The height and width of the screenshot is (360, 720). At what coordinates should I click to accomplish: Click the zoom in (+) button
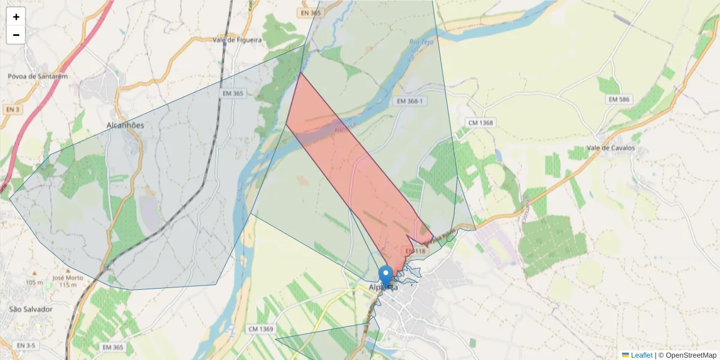pos(16,17)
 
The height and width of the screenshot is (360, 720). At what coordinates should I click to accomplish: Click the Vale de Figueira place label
pos(238,40)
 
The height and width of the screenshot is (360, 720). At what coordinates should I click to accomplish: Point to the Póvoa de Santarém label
pos(38,76)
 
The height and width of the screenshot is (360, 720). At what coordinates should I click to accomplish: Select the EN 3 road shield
pos(12,110)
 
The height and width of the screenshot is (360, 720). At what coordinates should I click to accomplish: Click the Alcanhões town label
pos(125,125)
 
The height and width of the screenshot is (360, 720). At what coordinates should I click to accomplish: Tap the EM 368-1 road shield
pos(411,101)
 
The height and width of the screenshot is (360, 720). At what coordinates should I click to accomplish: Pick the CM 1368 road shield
pos(481,122)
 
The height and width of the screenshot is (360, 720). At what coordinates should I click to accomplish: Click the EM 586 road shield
pos(618,98)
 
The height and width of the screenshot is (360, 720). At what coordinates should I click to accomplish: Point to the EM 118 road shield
pos(415,251)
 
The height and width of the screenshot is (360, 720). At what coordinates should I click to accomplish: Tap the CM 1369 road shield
pos(260,329)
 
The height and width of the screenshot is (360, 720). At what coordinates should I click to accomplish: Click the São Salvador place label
pos(31,309)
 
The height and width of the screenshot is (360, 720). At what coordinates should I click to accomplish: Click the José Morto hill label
pos(67,278)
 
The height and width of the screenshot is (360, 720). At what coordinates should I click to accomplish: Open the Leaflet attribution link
pos(641,355)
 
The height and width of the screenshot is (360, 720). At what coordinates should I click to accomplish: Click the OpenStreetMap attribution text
pos(690,355)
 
